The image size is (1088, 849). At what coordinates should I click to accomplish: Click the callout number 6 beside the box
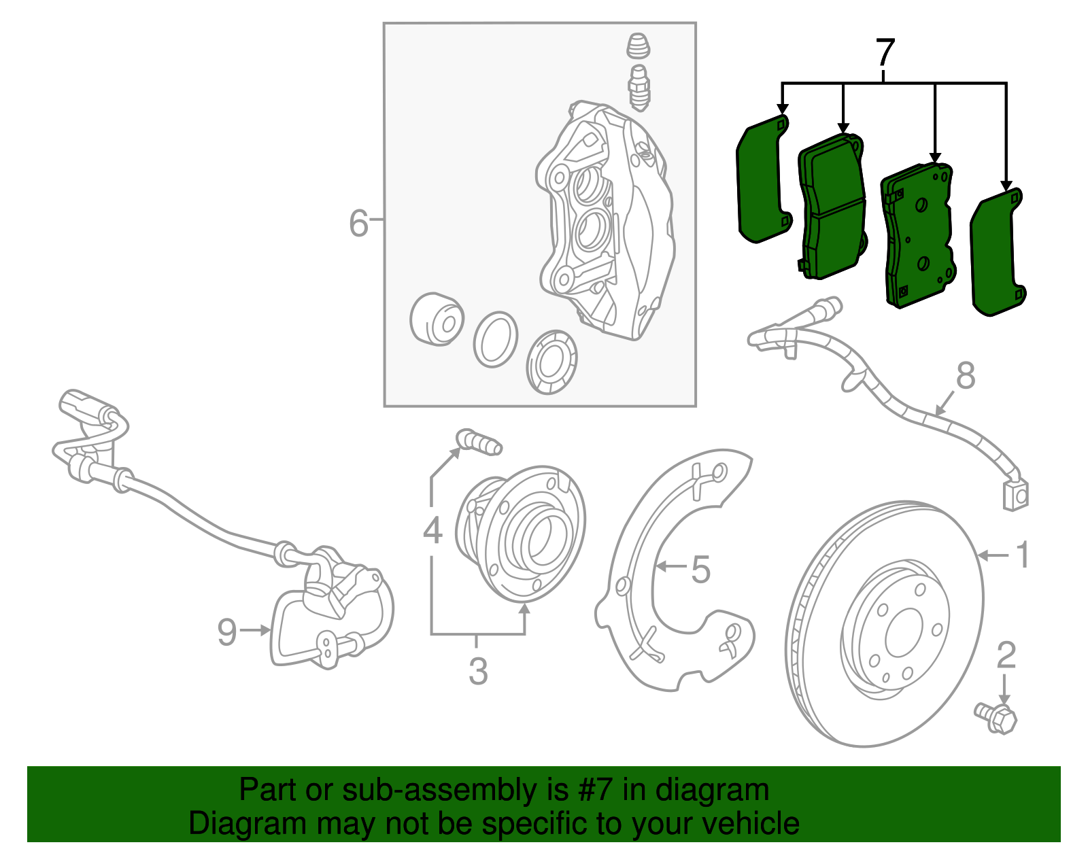358,224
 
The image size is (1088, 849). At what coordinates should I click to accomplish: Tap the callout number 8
966,376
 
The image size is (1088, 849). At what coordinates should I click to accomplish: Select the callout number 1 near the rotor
1023,555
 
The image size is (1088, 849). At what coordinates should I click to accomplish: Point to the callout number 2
1006,655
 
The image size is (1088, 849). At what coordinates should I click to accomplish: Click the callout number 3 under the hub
478,672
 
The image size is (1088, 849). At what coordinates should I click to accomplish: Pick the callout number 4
432,530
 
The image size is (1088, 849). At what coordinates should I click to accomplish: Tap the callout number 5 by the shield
700,570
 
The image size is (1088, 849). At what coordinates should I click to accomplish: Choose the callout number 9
227,631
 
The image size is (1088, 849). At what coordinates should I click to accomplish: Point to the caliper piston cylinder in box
437,319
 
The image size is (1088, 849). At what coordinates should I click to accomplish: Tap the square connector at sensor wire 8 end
1015,495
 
